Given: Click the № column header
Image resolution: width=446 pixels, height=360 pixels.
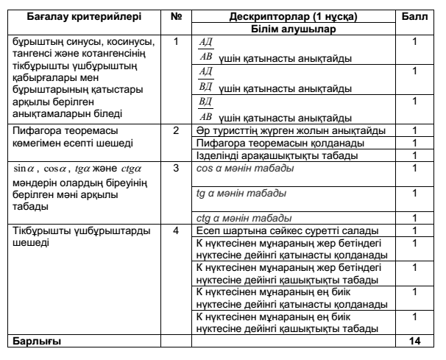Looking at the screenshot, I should [x=175, y=13].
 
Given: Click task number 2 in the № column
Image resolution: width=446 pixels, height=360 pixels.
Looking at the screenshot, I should [x=175, y=130].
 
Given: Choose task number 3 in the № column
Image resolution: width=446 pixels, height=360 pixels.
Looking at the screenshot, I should [x=175, y=169].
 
